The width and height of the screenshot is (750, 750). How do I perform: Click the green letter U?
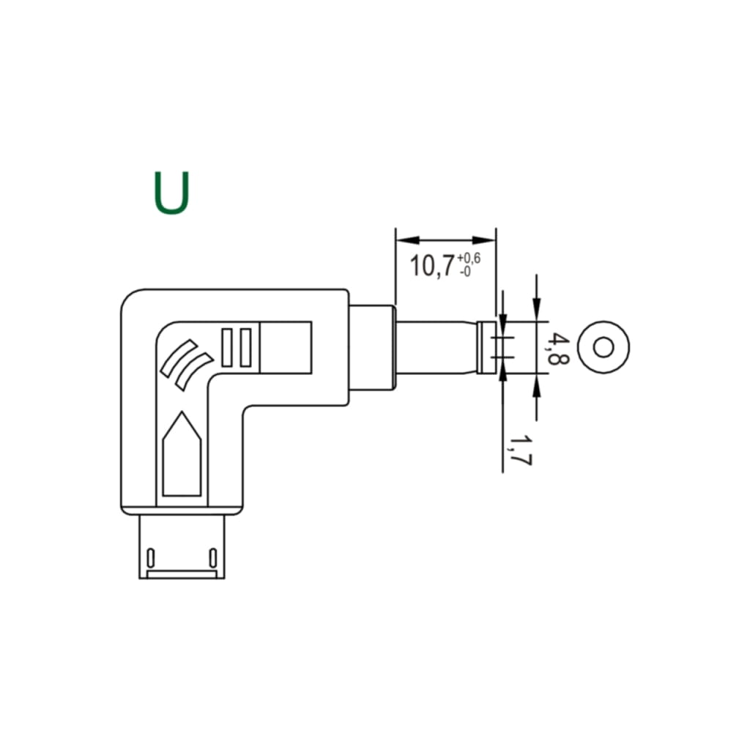(171, 193)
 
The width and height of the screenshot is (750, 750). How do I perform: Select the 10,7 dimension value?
(431, 266)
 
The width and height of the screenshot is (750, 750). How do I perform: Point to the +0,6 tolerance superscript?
(469, 259)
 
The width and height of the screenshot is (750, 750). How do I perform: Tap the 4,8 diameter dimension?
(557, 349)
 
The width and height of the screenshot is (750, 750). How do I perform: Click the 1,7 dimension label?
(521, 450)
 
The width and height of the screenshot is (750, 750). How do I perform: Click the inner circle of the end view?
(604, 347)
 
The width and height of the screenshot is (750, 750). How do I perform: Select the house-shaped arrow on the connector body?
(182, 453)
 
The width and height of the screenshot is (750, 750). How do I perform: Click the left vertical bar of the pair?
(227, 348)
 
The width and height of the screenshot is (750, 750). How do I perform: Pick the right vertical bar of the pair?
(245, 348)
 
